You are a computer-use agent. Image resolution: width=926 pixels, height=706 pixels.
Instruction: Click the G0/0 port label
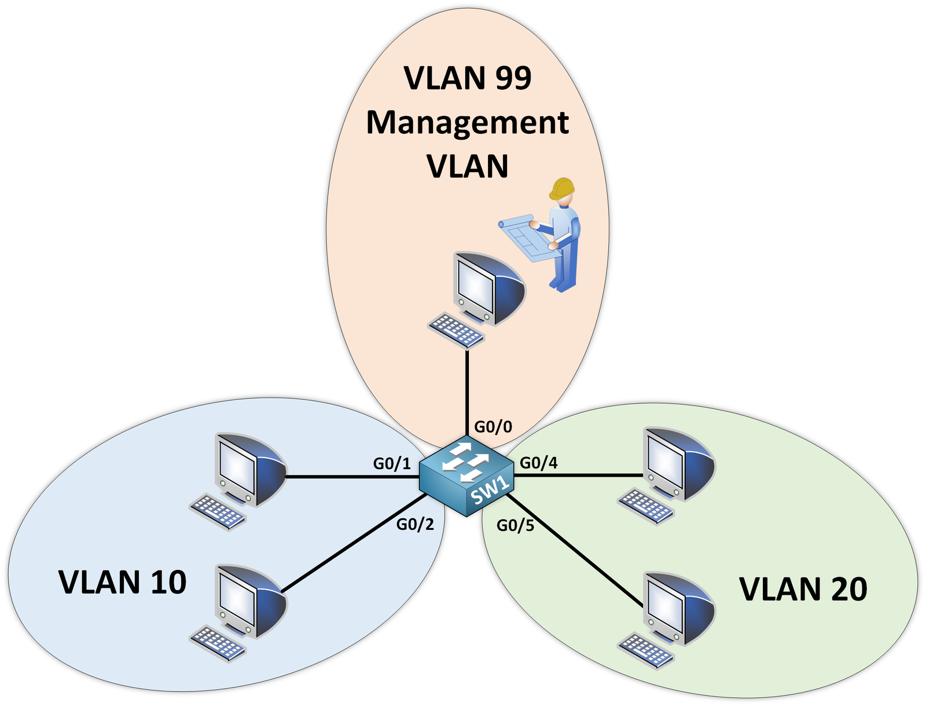[x=493, y=427]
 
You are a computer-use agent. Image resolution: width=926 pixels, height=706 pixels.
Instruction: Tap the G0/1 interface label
[x=392, y=463]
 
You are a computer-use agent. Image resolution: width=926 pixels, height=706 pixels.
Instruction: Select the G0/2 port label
[x=415, y=525]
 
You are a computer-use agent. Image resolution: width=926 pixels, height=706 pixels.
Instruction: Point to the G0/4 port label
[x=539, y=463]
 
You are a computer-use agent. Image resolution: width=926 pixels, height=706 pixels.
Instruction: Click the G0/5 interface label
[x=515, y=526]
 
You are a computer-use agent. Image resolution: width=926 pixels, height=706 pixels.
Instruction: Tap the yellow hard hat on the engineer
[x=562, y=188]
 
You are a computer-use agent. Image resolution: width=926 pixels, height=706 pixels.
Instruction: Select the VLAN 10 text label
[x=123, y=582]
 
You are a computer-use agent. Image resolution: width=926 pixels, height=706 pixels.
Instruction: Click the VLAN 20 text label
[x=803, y=589]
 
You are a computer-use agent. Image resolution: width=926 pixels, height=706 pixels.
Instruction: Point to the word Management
[x=468, y=123]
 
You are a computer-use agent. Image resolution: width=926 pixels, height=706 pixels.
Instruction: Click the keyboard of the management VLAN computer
[x=457, y=331]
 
